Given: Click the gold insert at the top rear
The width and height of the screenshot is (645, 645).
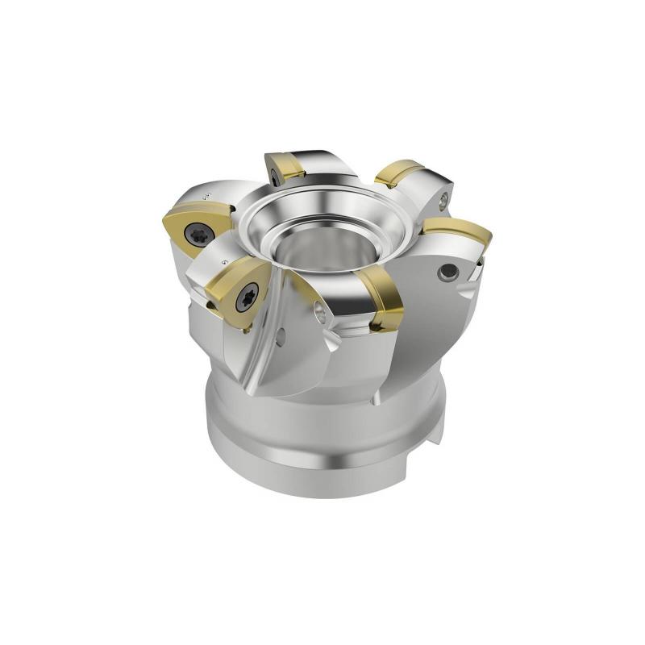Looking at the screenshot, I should click(285, 167).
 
